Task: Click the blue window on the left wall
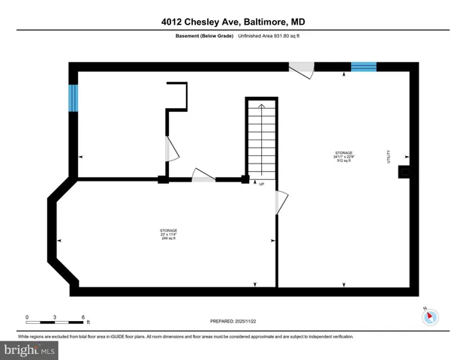tap(74, 97)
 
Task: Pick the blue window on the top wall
tap(364, 67)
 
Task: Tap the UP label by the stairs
tap(261, 183)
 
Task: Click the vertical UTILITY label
tap(389, 156)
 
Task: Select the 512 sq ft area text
tap(344, 160)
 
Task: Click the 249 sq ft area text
tap(168, 238)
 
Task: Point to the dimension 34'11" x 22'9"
tap(344, 157)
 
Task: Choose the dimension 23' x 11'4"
tap(168, 234)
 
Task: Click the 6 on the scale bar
tap(83, 317)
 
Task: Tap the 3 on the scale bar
tap(55, 317)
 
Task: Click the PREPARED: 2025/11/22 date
tap(233, 321)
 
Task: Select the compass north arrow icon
tap(430, 316)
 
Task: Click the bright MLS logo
tap(29, 350)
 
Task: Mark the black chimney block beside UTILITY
tap(404, 172)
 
